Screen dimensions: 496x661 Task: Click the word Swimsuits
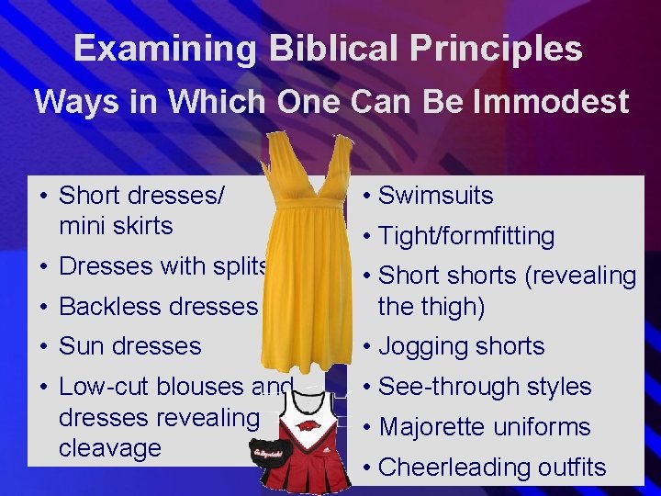pyautogui.click(x=436, y=196)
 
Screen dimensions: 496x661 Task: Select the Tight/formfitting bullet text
pyautogui.click(x=466, y=236)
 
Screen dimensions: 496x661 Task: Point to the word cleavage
pyautogui.click(x=109, y=448)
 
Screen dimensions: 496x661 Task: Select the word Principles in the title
pyautogui.click(x=494, y=48)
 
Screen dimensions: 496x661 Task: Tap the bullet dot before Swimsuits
pyautogui.click(x=366, y=196)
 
